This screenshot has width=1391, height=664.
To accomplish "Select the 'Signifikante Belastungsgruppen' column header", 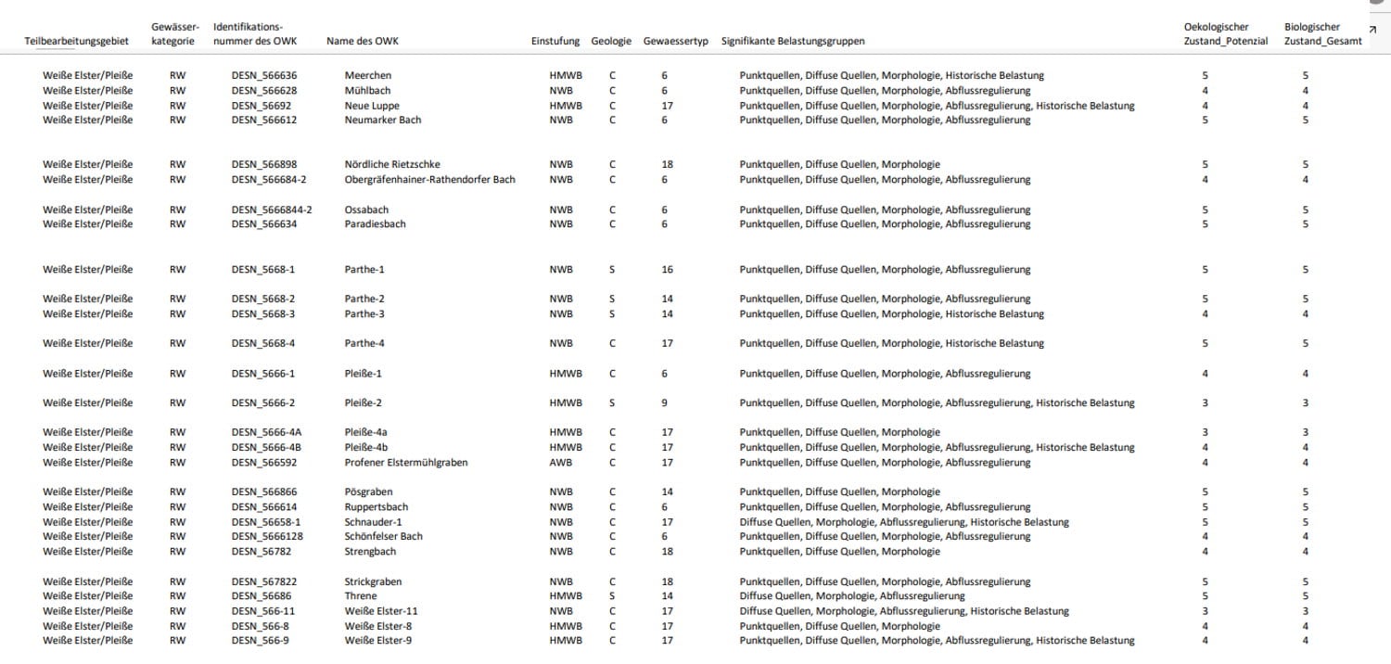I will tap(793, 41).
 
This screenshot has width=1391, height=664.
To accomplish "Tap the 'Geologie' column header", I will tap(611, 41).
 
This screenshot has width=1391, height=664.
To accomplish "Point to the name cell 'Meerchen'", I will tap(368, 75).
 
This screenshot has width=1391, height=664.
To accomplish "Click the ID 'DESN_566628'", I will tap(264, 91).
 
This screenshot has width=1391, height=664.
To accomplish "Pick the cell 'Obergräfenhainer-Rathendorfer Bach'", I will tap(429, 179).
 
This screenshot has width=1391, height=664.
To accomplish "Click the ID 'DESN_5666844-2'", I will tap(272, 210).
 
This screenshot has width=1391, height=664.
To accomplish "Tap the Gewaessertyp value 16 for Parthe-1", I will tap(667, 270).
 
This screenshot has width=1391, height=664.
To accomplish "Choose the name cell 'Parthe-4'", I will tap(364, 343).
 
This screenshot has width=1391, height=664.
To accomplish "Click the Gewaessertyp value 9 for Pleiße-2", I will tap(664, 403).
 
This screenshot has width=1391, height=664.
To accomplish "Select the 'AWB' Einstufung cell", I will tap(561, 463).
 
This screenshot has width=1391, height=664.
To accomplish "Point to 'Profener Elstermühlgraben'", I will tap(406, 463).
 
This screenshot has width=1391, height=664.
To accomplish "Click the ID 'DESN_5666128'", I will tap(267, 536).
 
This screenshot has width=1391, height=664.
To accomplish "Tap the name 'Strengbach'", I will tap(370, 552).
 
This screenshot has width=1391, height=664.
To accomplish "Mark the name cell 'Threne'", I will tap(361, 596).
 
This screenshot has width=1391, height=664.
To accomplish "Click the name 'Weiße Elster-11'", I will tap(381, 611).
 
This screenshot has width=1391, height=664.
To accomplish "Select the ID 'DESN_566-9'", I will tap(260, 641).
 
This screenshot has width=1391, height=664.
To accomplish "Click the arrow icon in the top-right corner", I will tap(1372, 30).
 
